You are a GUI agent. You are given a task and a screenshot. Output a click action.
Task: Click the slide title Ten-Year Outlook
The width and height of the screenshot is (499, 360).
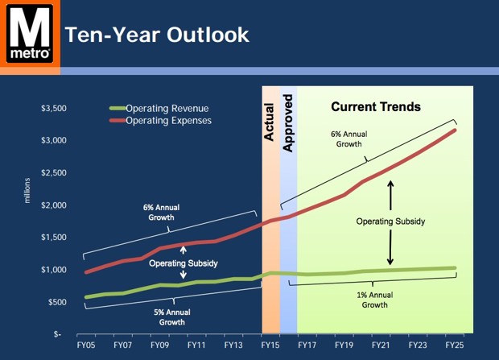point(156,35)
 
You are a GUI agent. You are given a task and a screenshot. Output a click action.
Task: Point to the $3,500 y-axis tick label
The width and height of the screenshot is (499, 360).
point(53,108)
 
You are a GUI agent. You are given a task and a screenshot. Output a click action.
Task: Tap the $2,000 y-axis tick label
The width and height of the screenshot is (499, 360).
point(53,205)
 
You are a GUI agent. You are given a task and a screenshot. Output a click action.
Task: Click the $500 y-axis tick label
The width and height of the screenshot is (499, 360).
point(56,301)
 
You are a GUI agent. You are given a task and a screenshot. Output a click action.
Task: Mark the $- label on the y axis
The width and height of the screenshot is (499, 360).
point(60,333)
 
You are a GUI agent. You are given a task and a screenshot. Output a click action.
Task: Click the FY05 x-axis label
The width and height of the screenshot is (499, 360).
point(86,345)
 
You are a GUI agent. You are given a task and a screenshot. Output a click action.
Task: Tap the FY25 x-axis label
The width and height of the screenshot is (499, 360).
point(455,345)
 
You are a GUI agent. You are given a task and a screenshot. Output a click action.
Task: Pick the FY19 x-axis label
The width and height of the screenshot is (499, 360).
point(344,345)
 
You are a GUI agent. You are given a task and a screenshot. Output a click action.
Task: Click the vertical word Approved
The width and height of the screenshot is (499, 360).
point(288,121)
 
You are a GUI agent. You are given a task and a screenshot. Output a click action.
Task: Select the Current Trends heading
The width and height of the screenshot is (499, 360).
point(376,106)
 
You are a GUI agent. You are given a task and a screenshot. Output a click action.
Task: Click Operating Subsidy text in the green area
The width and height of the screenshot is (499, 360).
point(391,219)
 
